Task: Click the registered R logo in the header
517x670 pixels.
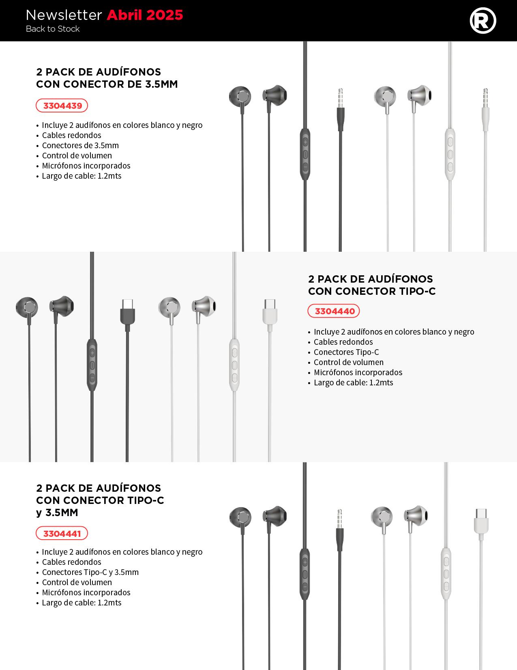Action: click(x=483, y=21)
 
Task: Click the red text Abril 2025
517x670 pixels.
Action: click(x=145, y=15)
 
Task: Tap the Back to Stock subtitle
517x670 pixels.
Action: click(x=53, y=29)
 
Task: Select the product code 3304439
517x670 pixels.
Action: click(x=62, y=106)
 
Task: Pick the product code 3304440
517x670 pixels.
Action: click(x=334, y=311)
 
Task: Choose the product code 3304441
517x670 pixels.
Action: click(x=62, y=534)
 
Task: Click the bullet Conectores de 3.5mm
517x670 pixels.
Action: click(x=80, y=145)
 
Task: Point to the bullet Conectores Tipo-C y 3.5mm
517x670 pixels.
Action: click(x=90, y=572)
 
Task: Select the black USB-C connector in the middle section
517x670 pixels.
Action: click(x=127, y=312)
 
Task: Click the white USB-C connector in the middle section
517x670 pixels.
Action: click(x=270, y=312)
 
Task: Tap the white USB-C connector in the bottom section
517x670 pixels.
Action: click(x=481, y=521)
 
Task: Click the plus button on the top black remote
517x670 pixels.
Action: click(x=305, y=142)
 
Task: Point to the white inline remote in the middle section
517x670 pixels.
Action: click(x=234, y=365)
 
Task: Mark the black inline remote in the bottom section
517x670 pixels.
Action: click(x=305, y=574)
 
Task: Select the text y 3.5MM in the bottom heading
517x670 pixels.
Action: click(x=57, y=512)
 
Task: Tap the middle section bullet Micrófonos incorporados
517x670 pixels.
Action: click(x=358, y=372)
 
